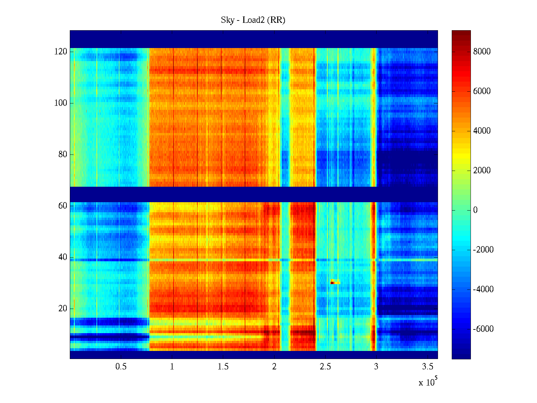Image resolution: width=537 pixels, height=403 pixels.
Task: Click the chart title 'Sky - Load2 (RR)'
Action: point(253,20)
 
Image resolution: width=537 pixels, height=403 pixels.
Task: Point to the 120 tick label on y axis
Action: point(61,52)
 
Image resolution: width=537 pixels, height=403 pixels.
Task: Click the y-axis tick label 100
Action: point(61,103)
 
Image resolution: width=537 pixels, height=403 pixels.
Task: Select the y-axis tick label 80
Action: point(63,154)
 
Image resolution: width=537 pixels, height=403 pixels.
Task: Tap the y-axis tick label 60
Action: point(63,206)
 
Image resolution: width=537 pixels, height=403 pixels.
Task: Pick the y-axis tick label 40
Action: point(63,257)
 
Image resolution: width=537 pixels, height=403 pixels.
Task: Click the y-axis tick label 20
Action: point(63,309)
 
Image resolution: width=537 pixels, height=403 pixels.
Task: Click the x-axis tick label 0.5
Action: point(121,367)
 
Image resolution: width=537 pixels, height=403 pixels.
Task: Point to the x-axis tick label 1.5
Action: point(223,367)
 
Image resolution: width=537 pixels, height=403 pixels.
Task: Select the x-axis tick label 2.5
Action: point(325,367)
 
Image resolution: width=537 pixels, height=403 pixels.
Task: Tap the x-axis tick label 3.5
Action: point(428,367)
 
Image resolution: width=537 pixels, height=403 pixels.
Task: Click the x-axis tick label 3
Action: point(376,367)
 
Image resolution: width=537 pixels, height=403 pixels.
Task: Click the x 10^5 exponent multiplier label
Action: point(428,382)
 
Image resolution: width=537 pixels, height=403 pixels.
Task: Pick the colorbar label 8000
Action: point(482,52)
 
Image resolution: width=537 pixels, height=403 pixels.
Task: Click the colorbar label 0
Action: point(475,210)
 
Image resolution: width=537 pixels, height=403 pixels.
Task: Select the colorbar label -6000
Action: point(483,329)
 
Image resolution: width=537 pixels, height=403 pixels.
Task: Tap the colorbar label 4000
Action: point(482,131)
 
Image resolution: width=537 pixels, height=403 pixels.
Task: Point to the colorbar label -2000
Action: point(483,250)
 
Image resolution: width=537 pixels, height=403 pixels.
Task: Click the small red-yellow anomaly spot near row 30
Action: point(335,282)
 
